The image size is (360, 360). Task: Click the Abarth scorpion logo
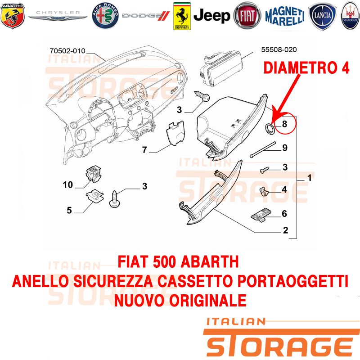(13, 15)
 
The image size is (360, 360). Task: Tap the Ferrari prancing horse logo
(182, 16)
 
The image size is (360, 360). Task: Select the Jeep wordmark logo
(211, 16)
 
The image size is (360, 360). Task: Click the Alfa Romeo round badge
(105, 16)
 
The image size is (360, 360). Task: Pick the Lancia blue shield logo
(322, 16)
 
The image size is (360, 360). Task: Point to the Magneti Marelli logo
(285, 16)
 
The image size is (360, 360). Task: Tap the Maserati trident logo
(351, 16)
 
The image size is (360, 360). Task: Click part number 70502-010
(67, 51)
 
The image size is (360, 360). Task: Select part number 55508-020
(279, 49)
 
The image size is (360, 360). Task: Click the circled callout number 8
(284, 124)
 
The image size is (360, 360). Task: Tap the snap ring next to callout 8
(269, 129)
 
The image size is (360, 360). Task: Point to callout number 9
(285, 148)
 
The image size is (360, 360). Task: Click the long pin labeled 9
(263, 150)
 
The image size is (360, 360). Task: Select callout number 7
(144, 150)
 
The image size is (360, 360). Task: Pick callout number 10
(68, 184)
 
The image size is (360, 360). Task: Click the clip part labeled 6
(261, 215)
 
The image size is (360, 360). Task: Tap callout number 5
(69, 210)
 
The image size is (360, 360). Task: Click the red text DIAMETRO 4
(306, 68)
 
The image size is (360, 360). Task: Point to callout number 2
(285, 230)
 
